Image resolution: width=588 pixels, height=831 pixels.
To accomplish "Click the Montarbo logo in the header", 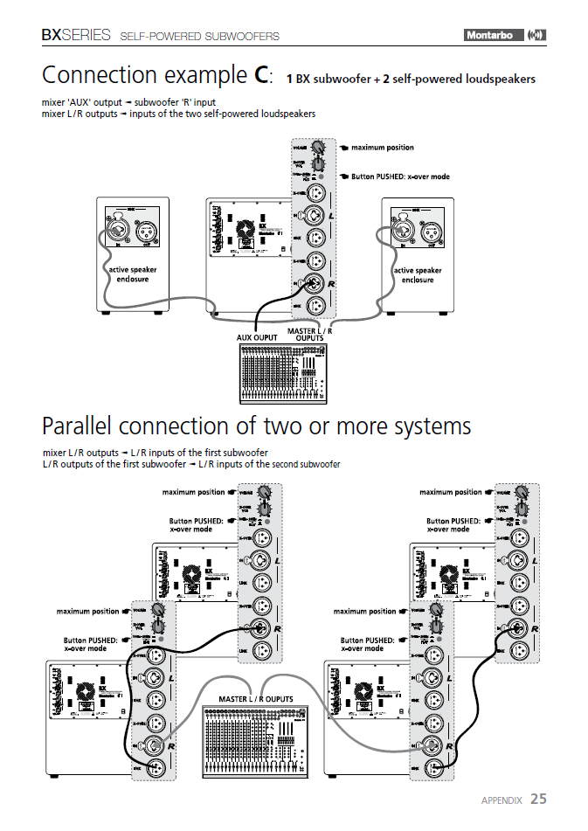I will pos(492,35).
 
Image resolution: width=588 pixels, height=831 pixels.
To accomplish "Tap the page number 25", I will pos(538,799).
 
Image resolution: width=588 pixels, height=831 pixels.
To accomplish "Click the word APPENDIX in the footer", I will pos(502,800).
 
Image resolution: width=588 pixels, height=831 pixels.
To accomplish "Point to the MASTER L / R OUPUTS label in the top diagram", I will pos(311,335).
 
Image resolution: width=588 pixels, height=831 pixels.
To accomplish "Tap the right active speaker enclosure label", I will pos(418,275).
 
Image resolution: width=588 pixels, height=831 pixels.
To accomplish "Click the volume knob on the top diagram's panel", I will pos(319,149).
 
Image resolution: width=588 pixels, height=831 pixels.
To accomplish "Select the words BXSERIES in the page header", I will pos(76,36).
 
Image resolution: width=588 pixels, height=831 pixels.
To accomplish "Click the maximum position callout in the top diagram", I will pos(382,148).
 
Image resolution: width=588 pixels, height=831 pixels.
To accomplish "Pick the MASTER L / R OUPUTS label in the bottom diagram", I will pos(255,699).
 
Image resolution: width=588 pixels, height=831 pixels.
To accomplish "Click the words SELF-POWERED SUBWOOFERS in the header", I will pos(199,37).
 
